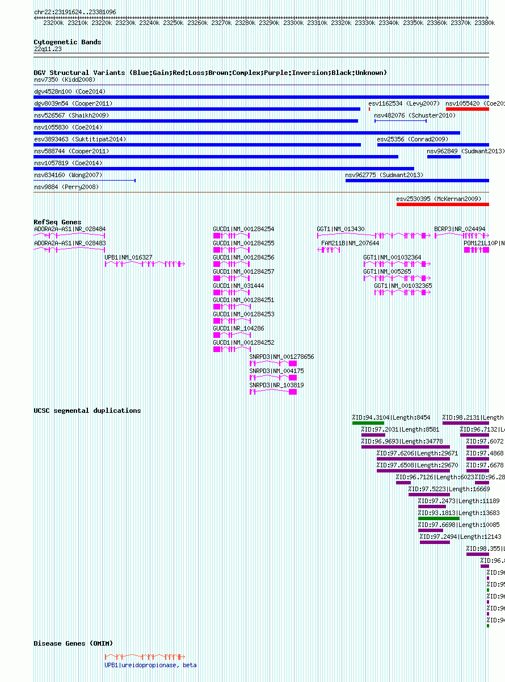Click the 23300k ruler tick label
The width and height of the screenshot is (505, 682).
[293, 23]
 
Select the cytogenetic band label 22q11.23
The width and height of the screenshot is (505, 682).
[48, 49]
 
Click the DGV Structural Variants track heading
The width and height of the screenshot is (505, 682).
[210, 73]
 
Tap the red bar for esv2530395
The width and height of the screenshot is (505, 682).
[442, 204]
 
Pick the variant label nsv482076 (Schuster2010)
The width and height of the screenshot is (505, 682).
[415, 115]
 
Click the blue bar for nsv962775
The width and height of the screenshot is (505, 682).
[416, 181]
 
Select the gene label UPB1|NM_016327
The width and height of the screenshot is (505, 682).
[128, 257]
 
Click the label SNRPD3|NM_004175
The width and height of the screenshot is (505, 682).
[276, 371]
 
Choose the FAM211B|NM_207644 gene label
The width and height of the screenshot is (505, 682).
[350, 243]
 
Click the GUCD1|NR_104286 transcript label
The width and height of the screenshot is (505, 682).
[238, 328]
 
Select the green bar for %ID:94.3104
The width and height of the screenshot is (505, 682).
[368, 422]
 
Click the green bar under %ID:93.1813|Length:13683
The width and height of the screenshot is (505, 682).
[438, 518]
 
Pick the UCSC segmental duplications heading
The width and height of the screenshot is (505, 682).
[87, 411]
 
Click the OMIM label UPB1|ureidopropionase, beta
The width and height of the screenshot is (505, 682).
[150, 665]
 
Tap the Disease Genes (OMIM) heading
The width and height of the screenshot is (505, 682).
[73, 643]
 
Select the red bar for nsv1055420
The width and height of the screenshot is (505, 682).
[467, 109]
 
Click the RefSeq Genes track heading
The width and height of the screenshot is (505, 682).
[57, 222]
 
